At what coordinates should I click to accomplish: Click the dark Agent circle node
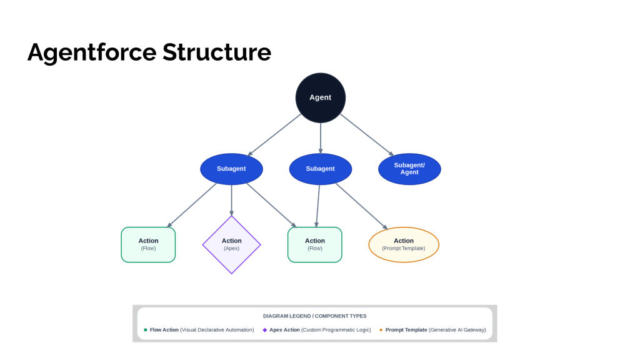pyautogui.click(x=321, y=98)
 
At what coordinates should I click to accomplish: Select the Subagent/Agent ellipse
pyautogui.click(x=409, y=169)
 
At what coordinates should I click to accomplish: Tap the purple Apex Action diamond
pyautogui.click(x=231, y=245)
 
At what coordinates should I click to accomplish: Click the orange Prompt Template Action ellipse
pyautogui.click(x=404, y=244)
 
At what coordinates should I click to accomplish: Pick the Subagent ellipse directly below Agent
pyautogui.click(x=321, y=169)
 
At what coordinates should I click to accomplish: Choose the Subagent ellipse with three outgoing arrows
pyautogui.click(x=231, y=169)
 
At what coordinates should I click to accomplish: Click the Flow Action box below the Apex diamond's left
pyautogui.click(x=148, y=244)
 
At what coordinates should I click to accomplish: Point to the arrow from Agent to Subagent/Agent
pyautogui.click(x=367, y=135)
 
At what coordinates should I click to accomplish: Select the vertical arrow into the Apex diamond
pyautogui.click(x=231, y=201)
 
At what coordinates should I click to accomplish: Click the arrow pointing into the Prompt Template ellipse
pyautogui.click(x=362, y=206)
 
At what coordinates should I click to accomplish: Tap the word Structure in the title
pyautogui.click(x=217, y=52)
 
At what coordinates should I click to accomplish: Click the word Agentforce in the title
pyautogui.click(x=92, y=52)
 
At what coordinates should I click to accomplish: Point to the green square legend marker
pyautogui.click(x=145, y=330)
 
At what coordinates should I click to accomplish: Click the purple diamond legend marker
pyautogui.click(x=265, y=330)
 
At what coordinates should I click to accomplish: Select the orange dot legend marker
pyautogui.click(x=381, y=330)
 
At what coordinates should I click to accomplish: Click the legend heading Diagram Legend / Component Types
pyautogui.click(x=315, y=316)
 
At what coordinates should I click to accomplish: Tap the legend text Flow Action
pyautogui.click(x=164, y=330)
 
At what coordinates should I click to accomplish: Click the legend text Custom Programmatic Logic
pyautogui.click(x=336, y=330)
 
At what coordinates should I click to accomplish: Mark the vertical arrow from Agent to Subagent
pyautogui.click(x=321, y=138)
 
